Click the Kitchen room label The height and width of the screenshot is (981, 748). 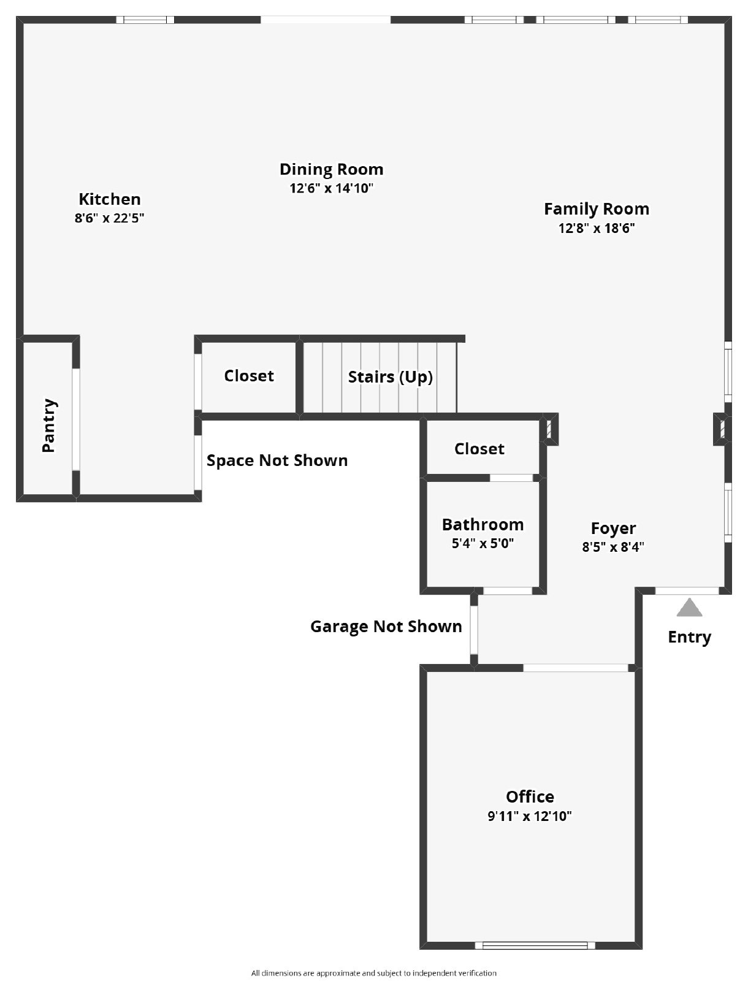coord(109,199)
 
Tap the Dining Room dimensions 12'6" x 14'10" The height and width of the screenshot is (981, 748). coord(331,188)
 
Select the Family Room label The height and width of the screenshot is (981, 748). coord(596,209)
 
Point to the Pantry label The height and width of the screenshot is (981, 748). coord(49,426)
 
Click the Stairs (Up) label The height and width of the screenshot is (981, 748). coord(390,376)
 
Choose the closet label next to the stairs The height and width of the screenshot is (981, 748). coord(248,376)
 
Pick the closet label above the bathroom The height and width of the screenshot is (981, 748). coord(479,449)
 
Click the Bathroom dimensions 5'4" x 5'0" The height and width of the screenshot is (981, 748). coord(483,543)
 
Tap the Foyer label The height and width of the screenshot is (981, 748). coord(613,528)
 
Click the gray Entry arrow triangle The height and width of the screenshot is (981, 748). coord(689,608)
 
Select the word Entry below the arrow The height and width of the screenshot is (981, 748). coord(689,637)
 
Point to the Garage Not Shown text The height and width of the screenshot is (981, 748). coord(386,627)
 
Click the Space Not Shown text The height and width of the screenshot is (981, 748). coord(277,460)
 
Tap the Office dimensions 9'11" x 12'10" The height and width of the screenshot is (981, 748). coord(530,816)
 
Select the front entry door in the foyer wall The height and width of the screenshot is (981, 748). coord(687,591)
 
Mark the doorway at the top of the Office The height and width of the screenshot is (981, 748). coord(575,668)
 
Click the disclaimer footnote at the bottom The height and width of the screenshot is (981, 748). coord(373,973)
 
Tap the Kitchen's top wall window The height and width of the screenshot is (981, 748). coord(145,20)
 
